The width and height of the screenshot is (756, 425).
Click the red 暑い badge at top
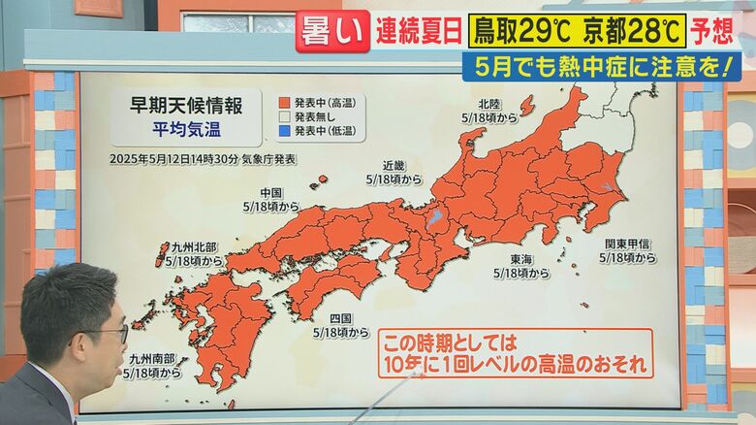tap(332, 31)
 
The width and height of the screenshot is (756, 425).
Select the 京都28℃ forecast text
tap(634, 31)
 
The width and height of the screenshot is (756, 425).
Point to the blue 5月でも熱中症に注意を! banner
tap(601, 67)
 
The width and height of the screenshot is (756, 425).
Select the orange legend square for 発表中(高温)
tap(284, 102)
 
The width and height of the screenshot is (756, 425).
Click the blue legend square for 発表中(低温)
tap(284, 130)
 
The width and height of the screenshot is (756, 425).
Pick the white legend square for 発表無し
tap(284, 116)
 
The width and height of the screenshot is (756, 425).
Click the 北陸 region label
tap(488, 104)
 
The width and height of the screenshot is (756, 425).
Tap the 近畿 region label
tap(394, 165)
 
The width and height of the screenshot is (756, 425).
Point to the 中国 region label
tap(271, 192)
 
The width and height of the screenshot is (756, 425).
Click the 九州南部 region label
tap(152, 358)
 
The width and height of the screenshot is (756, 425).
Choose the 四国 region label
tap(340, 317)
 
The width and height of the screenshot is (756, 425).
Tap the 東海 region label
tap(520, 260)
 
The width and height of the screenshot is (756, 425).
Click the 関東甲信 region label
tap(627, 244)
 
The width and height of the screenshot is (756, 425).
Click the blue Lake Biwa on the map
tap(435, 217)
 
